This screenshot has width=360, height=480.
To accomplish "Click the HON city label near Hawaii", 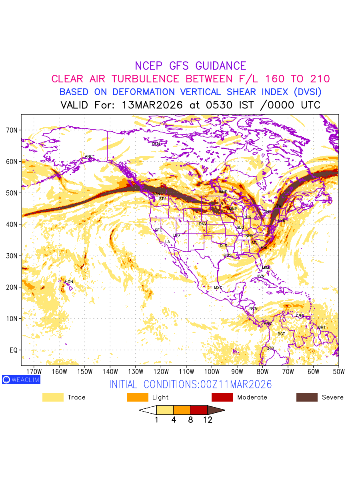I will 69,282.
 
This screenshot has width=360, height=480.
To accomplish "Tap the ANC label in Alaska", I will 89,156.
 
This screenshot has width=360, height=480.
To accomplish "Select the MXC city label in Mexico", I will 218,288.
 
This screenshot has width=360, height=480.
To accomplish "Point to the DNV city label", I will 203,224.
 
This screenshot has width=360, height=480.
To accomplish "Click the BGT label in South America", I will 281,334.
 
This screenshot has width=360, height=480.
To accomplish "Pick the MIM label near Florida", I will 266,268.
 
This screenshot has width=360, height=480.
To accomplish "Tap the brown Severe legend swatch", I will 307,397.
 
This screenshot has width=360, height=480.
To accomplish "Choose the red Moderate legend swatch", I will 222,397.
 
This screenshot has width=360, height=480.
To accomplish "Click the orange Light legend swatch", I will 137,397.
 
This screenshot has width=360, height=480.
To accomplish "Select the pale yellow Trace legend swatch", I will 53,397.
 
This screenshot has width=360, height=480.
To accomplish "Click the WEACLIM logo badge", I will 21,380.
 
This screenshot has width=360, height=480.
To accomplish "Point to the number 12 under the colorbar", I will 207,420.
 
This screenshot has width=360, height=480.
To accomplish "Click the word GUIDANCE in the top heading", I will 220,66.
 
